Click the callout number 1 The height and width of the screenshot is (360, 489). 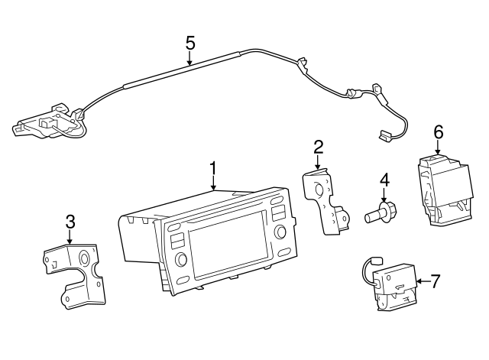click(213, 167)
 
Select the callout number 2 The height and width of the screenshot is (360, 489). click(318, 147)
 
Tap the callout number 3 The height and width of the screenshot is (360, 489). click(70, 222)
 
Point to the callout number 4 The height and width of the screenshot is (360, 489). click(385, 180)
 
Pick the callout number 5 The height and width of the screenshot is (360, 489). click(190, 42)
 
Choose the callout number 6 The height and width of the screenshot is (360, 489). click(439, 131)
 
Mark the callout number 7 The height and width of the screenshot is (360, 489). click(435, 281)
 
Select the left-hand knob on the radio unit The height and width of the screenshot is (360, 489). click(182, 260)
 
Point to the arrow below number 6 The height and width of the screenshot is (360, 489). click(439, 148)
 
